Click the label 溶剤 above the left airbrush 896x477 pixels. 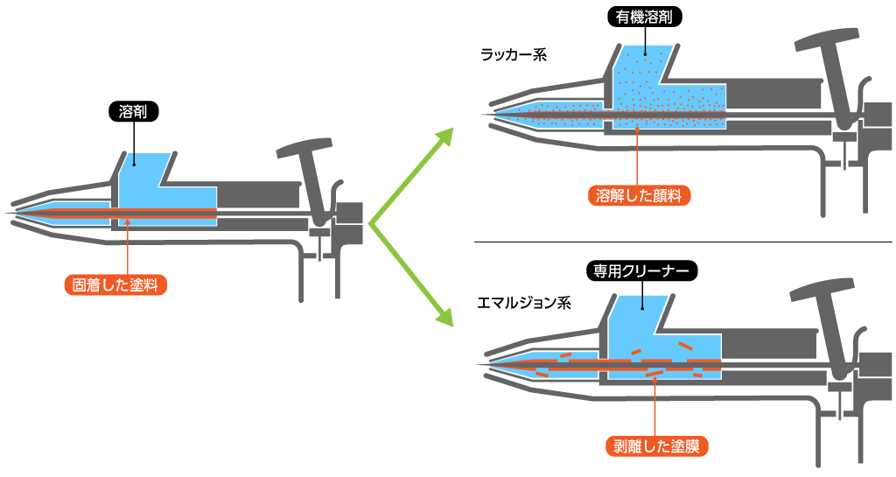tap(133, 112)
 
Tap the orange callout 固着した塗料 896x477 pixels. tap(115, 285)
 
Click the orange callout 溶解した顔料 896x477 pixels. tap(639, 195)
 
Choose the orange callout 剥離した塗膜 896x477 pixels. tap(656, 445)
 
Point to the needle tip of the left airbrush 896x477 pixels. tap(9, 214)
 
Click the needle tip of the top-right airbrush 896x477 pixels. tap(485, 116)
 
